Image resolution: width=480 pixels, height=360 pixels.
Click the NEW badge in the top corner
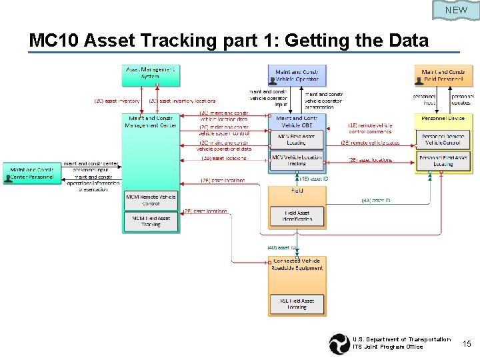tap(456, 10)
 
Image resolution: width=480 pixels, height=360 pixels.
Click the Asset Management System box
tap(151, 75)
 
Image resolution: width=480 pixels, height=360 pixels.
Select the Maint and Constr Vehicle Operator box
tap(297, 75)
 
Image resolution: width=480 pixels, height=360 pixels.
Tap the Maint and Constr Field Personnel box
tap(444, 75)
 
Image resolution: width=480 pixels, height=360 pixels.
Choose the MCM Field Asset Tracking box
tap(151, 221)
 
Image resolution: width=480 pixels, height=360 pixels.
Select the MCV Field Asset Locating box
tap(297, 139)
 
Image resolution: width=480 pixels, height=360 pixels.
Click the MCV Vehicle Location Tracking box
tap(297, 160)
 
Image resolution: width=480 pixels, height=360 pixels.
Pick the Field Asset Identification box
tap(297, 216)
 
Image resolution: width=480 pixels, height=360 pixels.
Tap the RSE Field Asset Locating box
tap(297, 304)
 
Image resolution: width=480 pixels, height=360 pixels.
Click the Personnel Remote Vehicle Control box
tap(443, 139)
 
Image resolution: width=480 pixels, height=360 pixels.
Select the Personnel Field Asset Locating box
tap(443, 160)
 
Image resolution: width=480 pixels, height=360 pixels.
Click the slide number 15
tap(467, 343)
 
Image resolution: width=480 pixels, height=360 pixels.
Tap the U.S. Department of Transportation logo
tap(339, 343)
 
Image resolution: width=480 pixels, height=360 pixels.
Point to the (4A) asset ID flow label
tap(376, 200)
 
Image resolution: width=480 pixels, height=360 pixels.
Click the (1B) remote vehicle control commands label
tap(371, 128)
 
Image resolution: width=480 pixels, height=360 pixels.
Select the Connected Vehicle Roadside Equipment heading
tap(297, 264)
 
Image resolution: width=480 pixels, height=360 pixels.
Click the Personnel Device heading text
tap(443, 118)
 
